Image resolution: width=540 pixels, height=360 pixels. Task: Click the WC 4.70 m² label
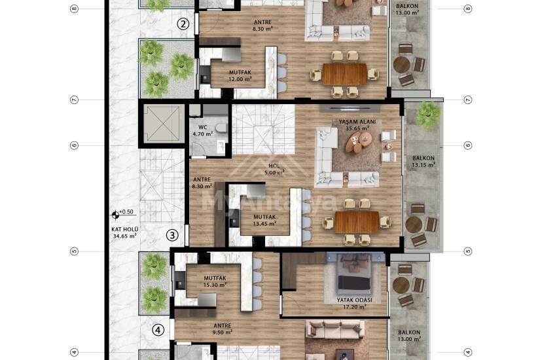203,130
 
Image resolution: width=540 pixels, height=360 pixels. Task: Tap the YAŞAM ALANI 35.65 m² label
357,125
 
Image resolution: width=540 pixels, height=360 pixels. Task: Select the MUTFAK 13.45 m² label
264,220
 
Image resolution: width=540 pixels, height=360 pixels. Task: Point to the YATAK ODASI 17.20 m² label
354,304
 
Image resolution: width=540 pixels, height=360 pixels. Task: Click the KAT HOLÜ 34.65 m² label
124,232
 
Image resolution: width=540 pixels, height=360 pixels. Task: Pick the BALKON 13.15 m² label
423,162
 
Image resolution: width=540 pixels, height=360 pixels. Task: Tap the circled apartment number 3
172,235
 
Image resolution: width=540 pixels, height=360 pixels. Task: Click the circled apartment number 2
183,24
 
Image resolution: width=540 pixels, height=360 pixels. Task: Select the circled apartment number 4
158,331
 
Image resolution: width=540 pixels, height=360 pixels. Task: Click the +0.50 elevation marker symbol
116,215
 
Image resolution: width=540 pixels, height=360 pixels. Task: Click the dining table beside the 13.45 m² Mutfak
357,222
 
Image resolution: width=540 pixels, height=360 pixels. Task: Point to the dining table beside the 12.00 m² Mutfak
345,74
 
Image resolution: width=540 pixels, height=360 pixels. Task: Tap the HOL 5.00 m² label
274,169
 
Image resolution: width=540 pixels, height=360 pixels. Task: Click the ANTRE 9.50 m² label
223,329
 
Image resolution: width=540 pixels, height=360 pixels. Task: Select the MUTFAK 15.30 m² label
215,281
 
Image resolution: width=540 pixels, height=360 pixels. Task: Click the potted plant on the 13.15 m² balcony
427,115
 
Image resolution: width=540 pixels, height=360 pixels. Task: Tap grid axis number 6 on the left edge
75,145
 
